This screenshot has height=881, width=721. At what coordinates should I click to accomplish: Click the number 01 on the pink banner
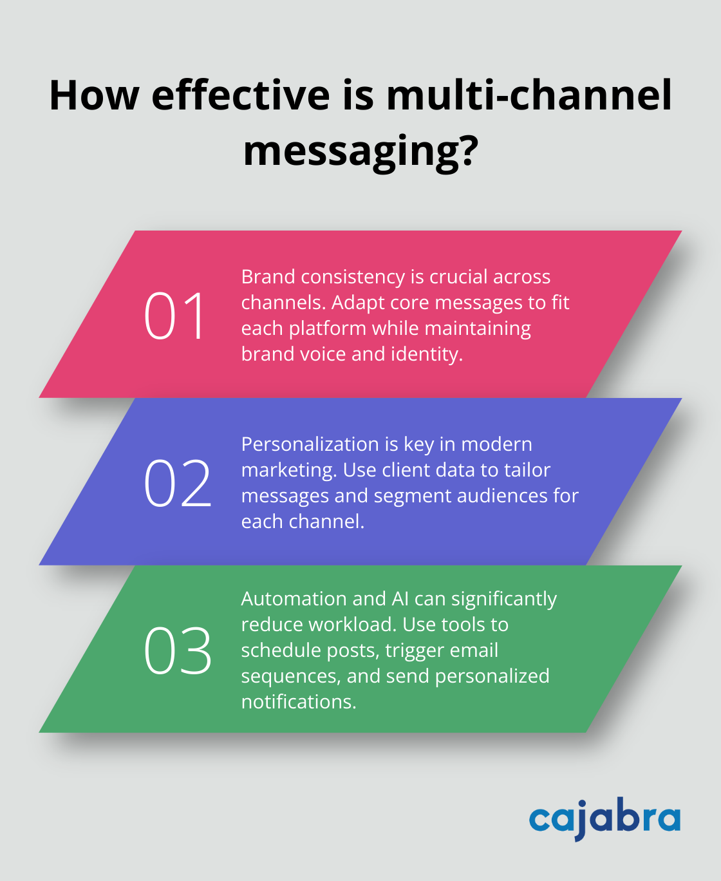coord(174,316)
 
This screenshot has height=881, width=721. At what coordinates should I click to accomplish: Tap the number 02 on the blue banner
coord(178,483)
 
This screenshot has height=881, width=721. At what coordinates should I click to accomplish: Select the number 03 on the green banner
coord(178,650)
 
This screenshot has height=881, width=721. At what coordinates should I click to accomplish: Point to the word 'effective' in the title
coord(241,95)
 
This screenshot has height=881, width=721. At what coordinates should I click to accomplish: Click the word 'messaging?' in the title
coord(360,151)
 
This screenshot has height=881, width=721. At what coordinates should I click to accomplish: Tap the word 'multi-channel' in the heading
coord(529,95)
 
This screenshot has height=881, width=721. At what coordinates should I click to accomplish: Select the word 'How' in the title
coord(94,95)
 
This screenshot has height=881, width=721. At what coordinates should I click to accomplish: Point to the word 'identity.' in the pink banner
coord(427,354)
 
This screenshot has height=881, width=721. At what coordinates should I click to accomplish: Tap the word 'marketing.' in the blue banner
coord(289,470)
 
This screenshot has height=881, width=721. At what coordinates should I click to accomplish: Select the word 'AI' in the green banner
coord(400,599)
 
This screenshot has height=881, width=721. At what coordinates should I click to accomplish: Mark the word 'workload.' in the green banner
coord(352,625)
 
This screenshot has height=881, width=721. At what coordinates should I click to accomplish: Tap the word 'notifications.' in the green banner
coord(299,702)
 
